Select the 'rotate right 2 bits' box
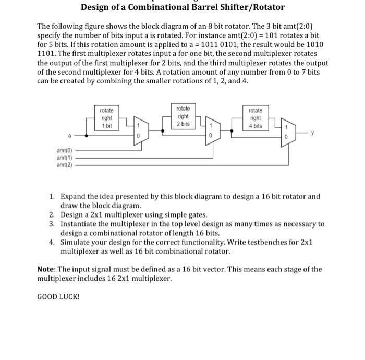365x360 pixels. [x=183, y=116]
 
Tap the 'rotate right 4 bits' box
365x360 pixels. [x=256, y=118]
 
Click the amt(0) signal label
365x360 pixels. [x=65, y=150]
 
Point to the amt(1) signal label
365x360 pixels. [x=65, y=157]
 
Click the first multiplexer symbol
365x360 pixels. [x=140, y=130]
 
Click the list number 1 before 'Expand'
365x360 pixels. [x=52, y=197]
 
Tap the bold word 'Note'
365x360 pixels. [x=47, y=270]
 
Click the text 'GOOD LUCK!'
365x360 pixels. [x=59, y=297]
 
